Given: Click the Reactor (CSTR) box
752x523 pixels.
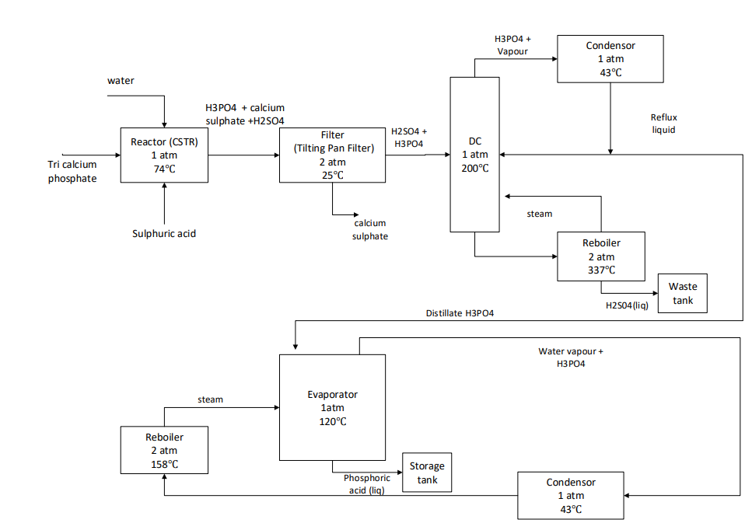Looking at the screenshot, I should (164, 155).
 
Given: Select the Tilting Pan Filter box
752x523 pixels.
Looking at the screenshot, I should (332, 155).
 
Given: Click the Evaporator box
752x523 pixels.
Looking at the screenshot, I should (332, 406).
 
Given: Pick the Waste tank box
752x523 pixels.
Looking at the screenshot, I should (682, 293).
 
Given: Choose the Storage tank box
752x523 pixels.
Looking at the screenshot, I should (426, 472).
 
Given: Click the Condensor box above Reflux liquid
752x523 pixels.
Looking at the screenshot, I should (610, 59).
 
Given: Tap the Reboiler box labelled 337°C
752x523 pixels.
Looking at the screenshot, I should (601, 256).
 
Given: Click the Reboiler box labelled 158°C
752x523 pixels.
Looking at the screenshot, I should (164, 450).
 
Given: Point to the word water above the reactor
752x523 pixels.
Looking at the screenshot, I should (121, 80).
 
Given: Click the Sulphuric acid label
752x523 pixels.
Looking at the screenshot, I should (163, 233).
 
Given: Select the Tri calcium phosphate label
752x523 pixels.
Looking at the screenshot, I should (72, 172).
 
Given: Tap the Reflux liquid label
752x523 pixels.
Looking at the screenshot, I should (663, 124).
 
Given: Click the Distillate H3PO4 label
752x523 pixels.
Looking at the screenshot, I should (460, 313).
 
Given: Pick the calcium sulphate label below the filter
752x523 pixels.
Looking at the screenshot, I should (369, 229).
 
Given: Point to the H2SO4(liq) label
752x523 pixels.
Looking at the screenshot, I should (627, 305).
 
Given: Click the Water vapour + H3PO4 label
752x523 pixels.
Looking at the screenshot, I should (571, 357).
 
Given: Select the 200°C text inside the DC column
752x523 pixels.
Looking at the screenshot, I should (474, 168).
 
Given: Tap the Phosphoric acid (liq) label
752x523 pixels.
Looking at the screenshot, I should (367, 484).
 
